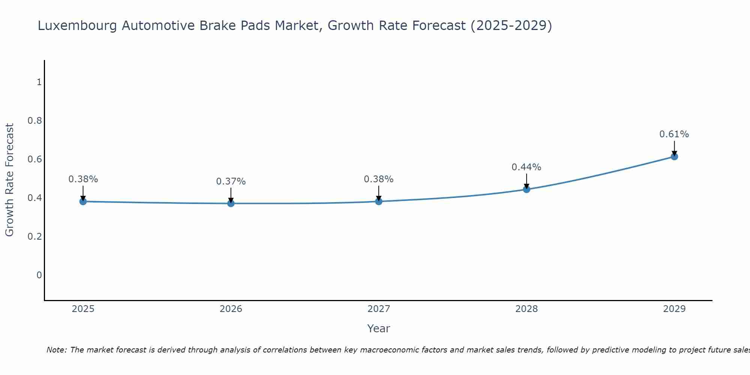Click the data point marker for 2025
pyautogui.click(x=83, y=201)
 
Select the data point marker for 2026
pyautogui.click(x=231, y=203)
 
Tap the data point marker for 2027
pyautogui.click(x=379, y=201)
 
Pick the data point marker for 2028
pyautogui.click(x=526, y=189)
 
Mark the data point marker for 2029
pyautogui.click(x=674, y=156)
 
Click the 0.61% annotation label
pyautogui.click(x=674, y=134)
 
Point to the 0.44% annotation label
pyautogui.click(x=526, y=167)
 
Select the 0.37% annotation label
pyautogui.click(x=231, y=181)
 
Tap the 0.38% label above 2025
pyautogui.click(x=83, y=179)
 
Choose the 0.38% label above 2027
pyautogui.click(x=378, y=179)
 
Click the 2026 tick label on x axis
pyautogui.click(x=231, y=309)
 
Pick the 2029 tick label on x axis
pyautogui.click(x=674, y=309)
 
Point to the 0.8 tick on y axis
pyautogui.click(x=34, y=121)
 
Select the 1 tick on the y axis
pyautogui.click(x=39, y=82)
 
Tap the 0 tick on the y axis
pyautogui.click(x=39, y=275)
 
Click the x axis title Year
pyautogui.click(x=378, y=328)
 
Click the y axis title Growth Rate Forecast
pyautogui.click(x=9, y=180)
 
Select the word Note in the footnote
pyautogui.click(x=56, y=350)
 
